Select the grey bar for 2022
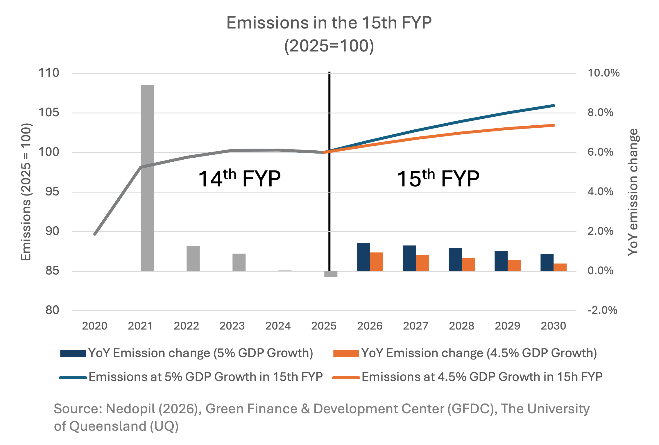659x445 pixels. click(x=193, y=258)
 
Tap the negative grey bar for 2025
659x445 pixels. click(x=331, y=274)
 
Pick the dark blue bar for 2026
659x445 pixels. click(x=363, y=257)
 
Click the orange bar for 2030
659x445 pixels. click(x=560, y=267)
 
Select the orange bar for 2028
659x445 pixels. click(x=468, y=264)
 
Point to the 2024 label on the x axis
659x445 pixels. click(x=278, y=326)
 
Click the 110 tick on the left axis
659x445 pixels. click(x=49, y=73)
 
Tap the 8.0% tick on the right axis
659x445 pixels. click(x=600, y=113)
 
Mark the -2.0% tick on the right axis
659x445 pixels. click(x=602, y=310)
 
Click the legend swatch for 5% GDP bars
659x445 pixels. click(x=73, y=353)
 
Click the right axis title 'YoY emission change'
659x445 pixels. click(x=633, y=192)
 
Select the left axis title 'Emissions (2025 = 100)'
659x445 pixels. click(x=26, y=192)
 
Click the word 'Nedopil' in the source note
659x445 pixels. click(x=130, y=409)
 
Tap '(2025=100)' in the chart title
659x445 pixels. click(x=329, y=46)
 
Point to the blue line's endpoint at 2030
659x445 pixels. click(x=554, y=106)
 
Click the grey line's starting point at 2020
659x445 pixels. click(x=95, y=234)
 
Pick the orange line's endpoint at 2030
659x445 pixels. click(x=554, y=125)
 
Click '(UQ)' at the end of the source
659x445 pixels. click(x=164, y=426)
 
